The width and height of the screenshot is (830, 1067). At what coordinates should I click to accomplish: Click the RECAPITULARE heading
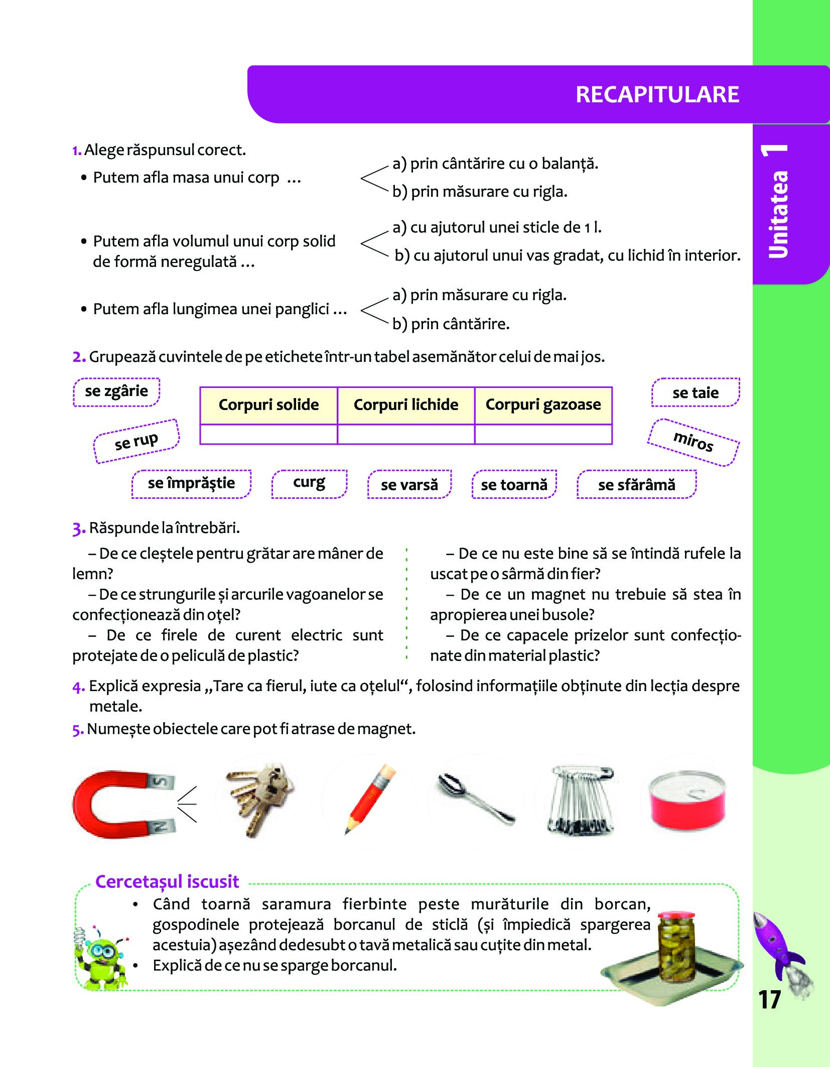pyautogui.click(x=657, y=94)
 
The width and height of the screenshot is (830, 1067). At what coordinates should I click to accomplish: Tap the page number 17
pyautogui.click(x=769, y=999)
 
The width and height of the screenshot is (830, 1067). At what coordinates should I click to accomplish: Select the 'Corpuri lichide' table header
pyautogui.click(x=406, y=405)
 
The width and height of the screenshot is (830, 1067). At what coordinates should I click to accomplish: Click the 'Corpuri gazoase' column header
pyautogui.click(x=543, y=405)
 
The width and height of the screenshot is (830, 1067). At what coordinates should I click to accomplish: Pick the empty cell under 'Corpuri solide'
pyautogui.click(x=268, y=434)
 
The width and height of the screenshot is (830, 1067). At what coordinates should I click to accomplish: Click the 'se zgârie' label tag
pyautogui.click(x=116, y=391)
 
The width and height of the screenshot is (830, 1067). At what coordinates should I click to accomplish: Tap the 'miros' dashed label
pyautogui.click(x=693, y=442)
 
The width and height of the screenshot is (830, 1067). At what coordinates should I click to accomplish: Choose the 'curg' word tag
pyautogui.click(x=309, y=483)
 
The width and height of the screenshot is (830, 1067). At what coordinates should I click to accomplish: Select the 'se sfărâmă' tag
pyautogui.click(x=636, y=484)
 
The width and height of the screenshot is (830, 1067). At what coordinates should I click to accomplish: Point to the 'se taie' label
pyautogui.click(x=696, y=392)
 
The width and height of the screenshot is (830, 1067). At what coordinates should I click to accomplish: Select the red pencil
pyautogui.click(x=370, y=799)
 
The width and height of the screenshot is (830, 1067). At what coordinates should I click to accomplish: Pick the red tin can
pyautogui.click(x=686, y=801)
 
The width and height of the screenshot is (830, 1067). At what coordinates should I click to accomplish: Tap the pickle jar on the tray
pyautogui.click(x=677, y=947)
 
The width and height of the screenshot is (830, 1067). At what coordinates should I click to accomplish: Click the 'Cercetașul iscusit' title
pyautogui.click(x=167, y=882)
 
